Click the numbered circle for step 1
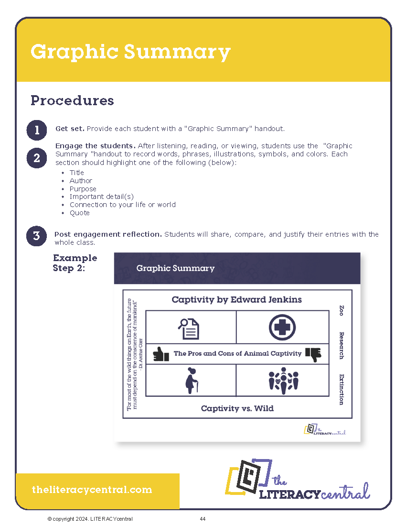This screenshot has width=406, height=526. coord(37,130)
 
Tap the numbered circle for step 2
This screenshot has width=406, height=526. coord(37,158)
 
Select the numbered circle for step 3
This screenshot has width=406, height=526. coord(37,236)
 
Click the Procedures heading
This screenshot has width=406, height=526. coord(72,100)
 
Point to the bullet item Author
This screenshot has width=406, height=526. coord(81,181)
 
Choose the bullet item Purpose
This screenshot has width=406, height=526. coord(83,189)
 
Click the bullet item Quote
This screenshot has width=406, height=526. coord(79,213)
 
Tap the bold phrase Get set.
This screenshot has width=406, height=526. coord(70,129)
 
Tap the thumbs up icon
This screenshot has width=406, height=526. coord(161,354)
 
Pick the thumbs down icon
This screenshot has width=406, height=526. coord(313,354)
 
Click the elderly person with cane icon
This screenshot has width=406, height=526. coord(190,381)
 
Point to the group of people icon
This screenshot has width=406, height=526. coord(283,380)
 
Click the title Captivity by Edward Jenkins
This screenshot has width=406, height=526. coord(236,300)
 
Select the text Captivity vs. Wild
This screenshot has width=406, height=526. coord(237,408)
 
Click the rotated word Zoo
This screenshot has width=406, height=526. coord(341,310)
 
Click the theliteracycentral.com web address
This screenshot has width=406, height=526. coord(92,490)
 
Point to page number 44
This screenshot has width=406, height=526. coord(203,519)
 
